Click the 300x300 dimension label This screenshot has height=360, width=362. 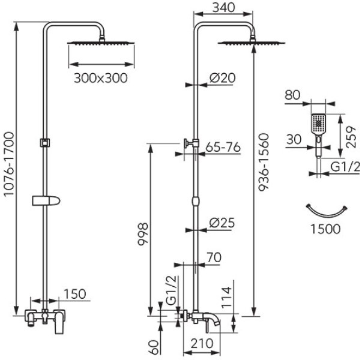[101, 78]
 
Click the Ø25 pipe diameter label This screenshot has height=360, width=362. [222, 223]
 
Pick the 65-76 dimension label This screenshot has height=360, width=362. [223, 146]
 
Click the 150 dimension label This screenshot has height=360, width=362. [75, 294]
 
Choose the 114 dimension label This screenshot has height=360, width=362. [226, 296]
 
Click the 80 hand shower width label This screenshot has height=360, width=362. [292, 95]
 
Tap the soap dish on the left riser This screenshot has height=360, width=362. [45, 199]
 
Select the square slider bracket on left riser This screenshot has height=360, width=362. [44, 142]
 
